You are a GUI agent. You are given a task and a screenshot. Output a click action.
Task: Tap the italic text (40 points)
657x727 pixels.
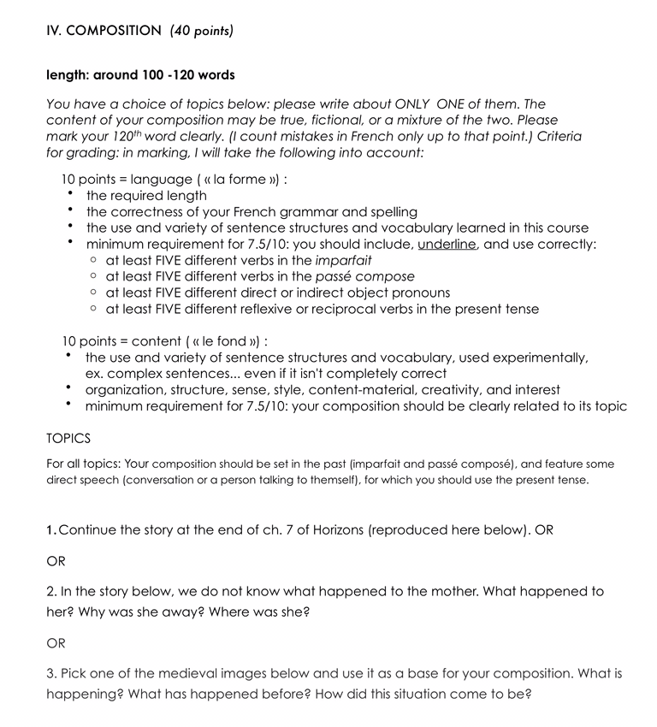click(202, 31)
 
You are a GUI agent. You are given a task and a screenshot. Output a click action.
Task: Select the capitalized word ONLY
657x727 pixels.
click(414, 104)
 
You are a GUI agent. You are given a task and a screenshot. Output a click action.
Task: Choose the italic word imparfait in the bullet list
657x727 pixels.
click(343, 260)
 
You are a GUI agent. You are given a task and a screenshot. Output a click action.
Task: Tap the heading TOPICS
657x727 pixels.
click(68, 439)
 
